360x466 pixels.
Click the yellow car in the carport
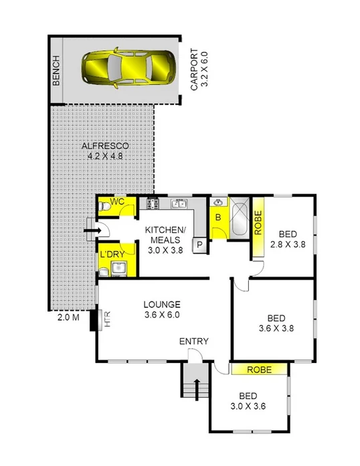(x=128, y=66)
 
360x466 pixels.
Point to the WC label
(x=118, y=201)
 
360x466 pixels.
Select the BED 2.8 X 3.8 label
(x=287, y=239)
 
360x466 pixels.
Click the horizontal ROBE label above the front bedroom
(x=259, y=369)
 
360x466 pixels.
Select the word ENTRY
(x=194, y=341)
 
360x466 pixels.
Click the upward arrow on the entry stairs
(x=197, y=388)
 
